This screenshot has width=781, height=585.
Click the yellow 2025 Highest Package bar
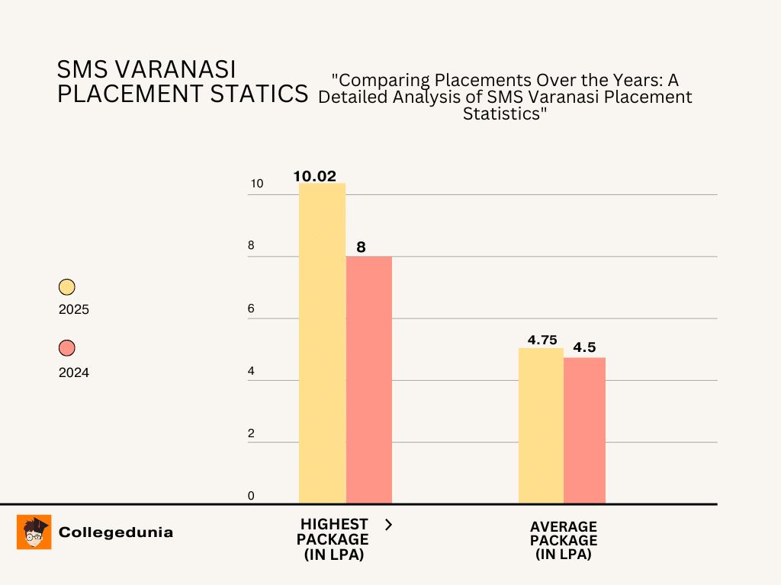click(x=322, y=343)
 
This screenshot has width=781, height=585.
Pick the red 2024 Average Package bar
click(x=584, y=430)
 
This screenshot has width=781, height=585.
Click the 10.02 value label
click(x=314, y=176)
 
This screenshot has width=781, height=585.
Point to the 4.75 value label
click(x=542, y=340)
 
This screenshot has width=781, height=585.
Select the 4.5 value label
click(x=584, y=347)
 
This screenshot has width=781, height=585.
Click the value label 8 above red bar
click(x=361, y=247)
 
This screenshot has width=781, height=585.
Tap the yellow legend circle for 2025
click(x=67, y=287)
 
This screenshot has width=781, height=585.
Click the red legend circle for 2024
click(x=67, y=348)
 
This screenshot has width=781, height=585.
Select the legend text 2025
click(x=74, y=310)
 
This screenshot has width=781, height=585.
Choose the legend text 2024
click(x=74, y=372)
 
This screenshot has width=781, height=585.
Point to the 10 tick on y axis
click(x=256, y=184)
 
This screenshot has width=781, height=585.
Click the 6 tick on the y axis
click(x=251, y=309)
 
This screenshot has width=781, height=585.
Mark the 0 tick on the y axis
click(x=251, y=496)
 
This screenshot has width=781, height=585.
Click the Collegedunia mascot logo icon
click(x=34, y=532)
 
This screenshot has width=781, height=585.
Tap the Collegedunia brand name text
click(x=116, y=532)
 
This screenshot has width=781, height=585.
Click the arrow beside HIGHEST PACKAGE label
click(x=388, y=524)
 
